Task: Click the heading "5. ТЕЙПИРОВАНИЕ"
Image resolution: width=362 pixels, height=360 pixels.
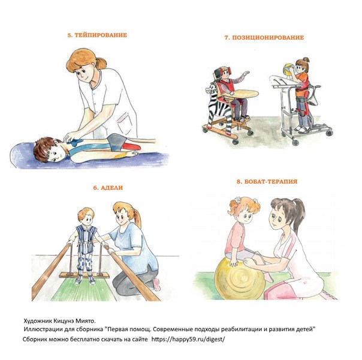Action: [x=97, y=35]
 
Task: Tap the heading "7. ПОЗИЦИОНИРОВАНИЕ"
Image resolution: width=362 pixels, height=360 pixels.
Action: [x=264, y=37]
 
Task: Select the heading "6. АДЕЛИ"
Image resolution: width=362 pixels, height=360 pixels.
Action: [x=108, y=188]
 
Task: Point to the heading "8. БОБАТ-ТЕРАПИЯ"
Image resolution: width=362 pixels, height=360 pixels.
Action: [x=267, y=181]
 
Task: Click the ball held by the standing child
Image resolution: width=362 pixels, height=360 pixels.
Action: [x=288, y=70]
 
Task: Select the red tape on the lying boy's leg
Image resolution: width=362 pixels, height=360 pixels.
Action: [x=131, y=146]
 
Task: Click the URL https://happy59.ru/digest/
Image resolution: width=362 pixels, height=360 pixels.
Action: [x=188, y=339]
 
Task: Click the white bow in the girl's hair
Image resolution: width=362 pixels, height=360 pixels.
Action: [x=237, y=199]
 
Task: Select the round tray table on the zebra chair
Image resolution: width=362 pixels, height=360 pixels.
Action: [x=243, y=94]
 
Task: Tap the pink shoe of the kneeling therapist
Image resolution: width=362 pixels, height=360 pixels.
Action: [x=156, y=284]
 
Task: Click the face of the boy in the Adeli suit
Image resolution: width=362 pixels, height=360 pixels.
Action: [x=87, y=219]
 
